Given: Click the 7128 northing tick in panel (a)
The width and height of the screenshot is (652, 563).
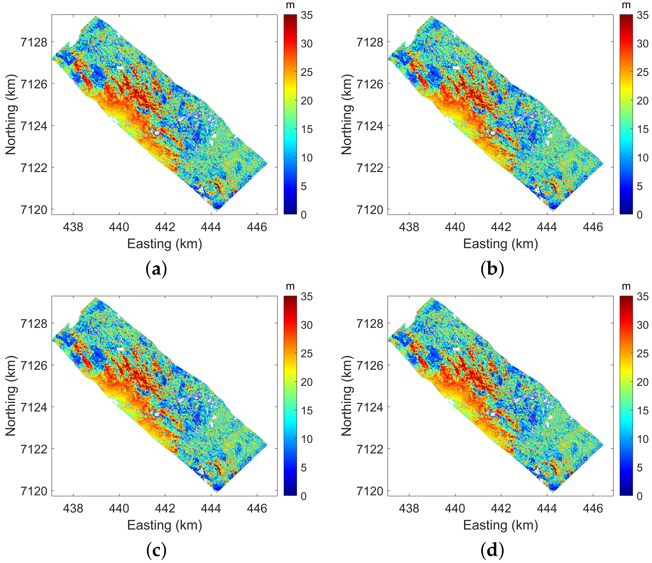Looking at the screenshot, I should (x=34, y=42).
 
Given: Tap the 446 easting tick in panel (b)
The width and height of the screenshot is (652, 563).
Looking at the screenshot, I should (x=593, y=227).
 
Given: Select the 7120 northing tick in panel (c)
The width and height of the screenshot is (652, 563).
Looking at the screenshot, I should (x=34, y=491).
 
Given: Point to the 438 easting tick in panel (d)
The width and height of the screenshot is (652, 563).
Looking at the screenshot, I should (x=409, y=508).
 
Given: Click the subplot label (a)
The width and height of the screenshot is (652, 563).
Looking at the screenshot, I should (x=156, y=269).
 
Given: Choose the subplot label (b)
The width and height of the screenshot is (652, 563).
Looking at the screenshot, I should (x=492, y=269).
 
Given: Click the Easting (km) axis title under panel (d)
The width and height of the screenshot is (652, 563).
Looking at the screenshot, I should (x=500, y=525).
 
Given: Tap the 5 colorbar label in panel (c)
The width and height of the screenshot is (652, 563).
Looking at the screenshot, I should (x=304, y=467).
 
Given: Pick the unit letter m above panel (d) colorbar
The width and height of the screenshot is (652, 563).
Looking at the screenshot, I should (x=626, y=286).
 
